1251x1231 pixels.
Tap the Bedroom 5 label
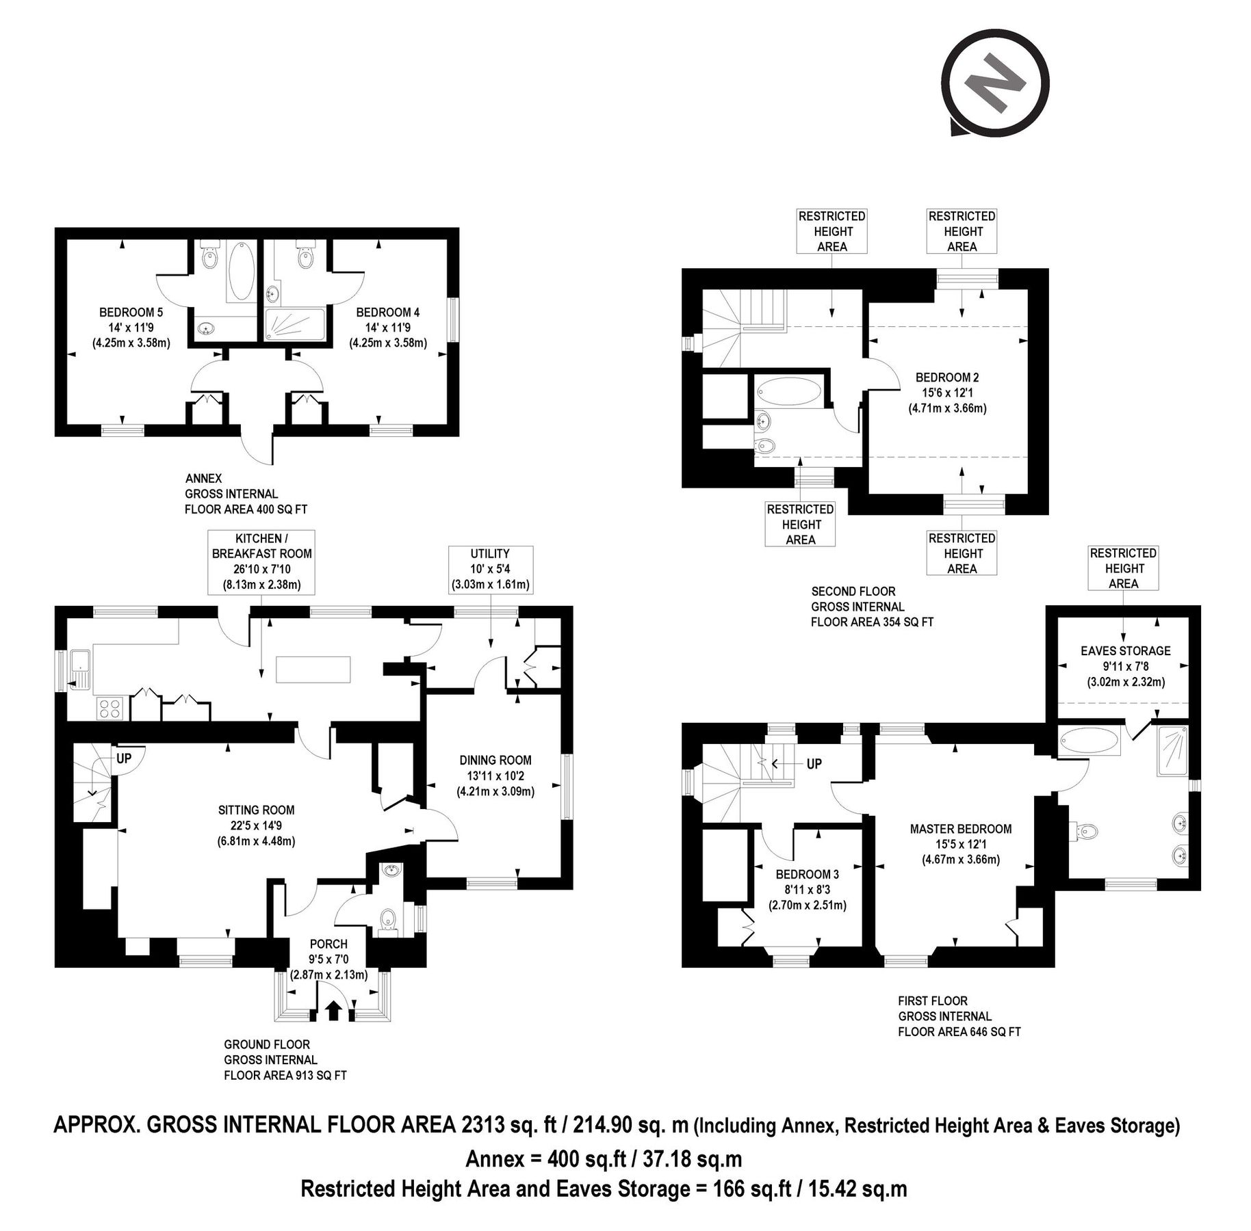coord(131,313)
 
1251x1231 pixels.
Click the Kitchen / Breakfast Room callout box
coord(261,561)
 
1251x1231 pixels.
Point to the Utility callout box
coord(490,569)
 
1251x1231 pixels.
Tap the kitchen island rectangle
coord(314,669)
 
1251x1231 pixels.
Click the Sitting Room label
coord(256,810)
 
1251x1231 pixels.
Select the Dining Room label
coord(495,760)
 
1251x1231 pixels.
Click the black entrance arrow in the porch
coord(335,1010)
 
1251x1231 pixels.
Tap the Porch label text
coord(328,944)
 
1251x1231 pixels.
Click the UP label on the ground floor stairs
coord(124,758)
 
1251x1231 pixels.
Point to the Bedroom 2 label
coord(947,378)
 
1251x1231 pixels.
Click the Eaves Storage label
coord(1125,651)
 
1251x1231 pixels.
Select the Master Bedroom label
coord(960,829)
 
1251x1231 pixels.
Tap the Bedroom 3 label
coord(807,875)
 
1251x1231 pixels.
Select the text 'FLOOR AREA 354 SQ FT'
coord(872,622)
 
